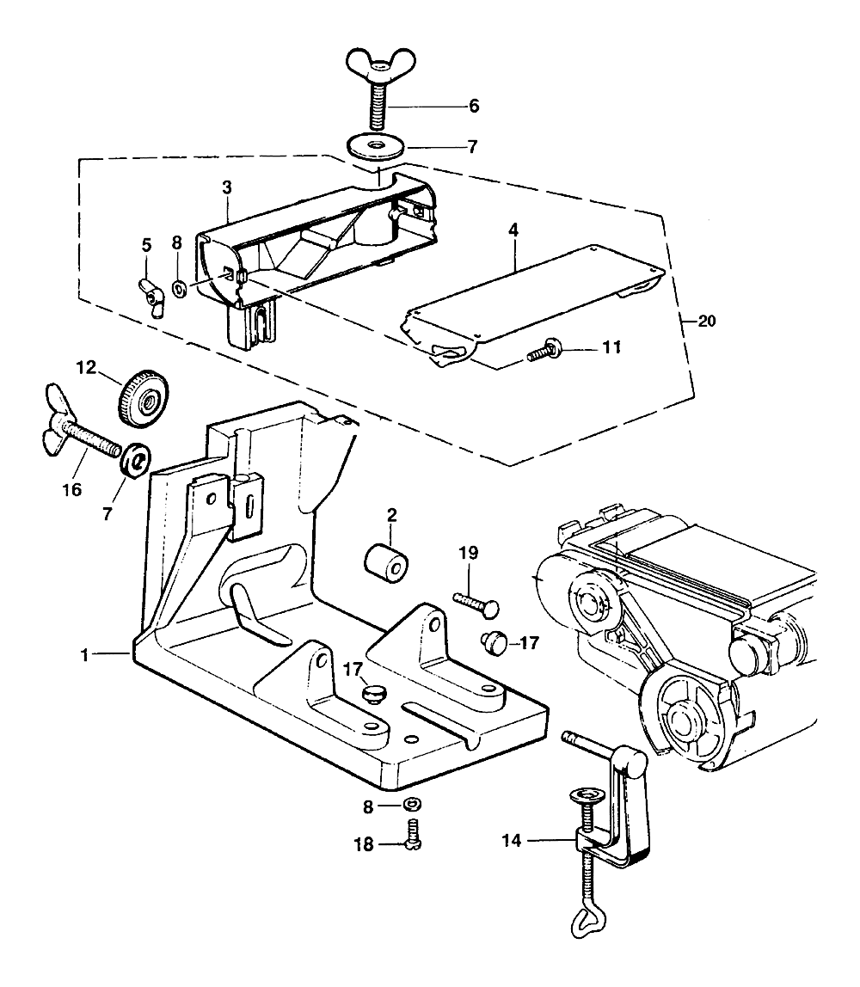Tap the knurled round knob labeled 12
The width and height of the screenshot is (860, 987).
[144, 400]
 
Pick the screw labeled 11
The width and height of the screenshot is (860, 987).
[545, 352]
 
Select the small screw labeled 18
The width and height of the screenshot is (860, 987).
[413, 834]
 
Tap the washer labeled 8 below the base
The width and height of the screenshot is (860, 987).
[413, 805]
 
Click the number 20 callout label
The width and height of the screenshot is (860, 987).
[707, 321]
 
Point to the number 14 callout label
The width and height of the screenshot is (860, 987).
[512, 840]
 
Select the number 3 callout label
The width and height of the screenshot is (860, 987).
[227, 187]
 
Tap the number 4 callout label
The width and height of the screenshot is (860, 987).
[513, 230]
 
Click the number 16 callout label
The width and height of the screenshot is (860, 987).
[72, 489]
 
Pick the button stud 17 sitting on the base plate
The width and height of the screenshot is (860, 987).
[374, 695]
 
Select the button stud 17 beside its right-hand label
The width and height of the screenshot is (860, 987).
[494, 642]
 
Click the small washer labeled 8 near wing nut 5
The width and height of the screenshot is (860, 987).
[180, 289]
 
